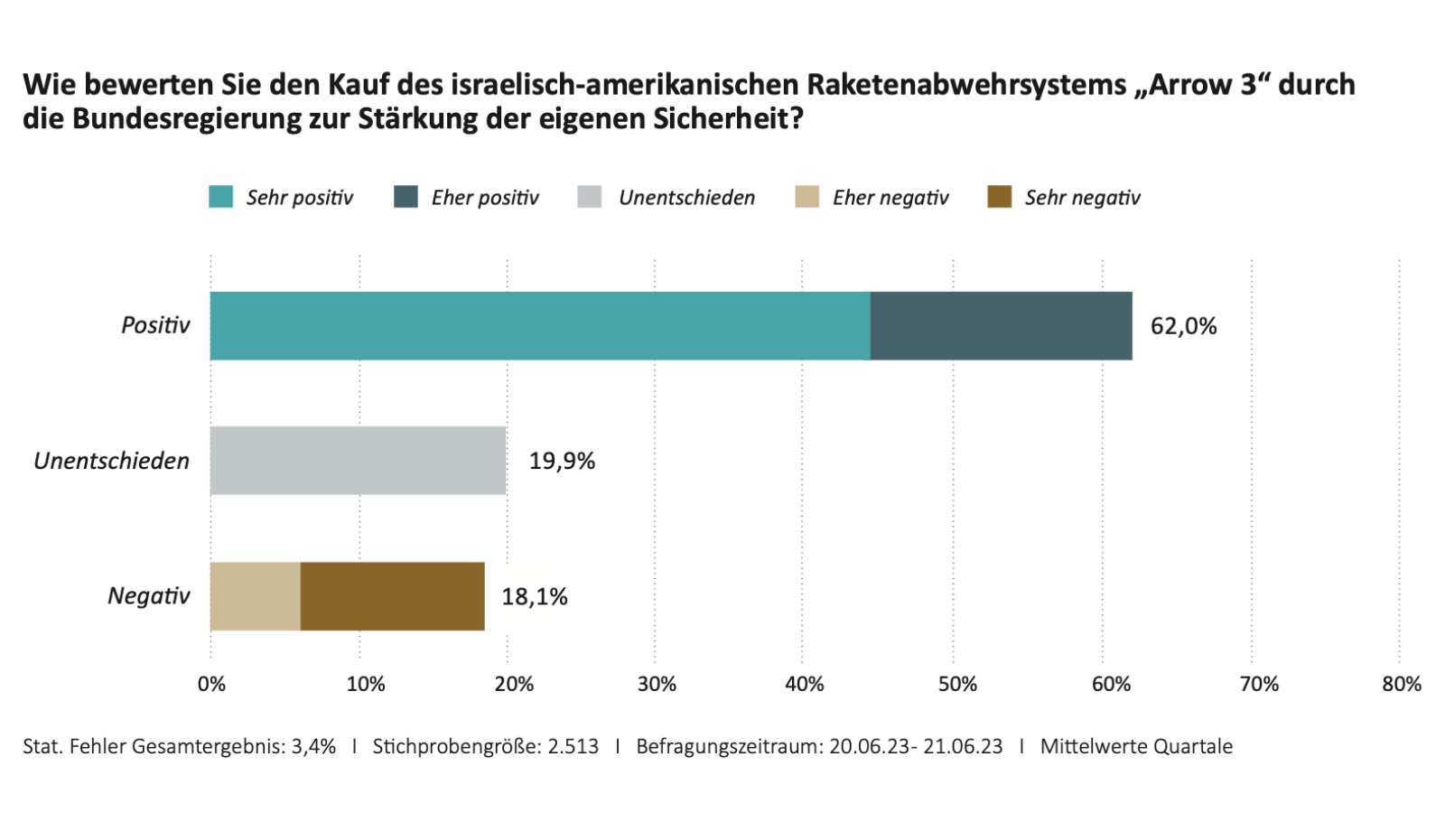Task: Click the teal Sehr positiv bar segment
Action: coord(540,326)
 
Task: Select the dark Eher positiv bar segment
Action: coord(1001,326)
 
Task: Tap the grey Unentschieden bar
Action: coord(358,461)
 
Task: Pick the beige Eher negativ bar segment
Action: coord(256,596)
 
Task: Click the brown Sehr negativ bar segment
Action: coord(392,596)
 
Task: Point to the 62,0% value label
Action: coord(1183,326)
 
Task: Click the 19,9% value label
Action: coord(562,462)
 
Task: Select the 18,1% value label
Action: coord(535,597)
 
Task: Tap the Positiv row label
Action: coord(155,325)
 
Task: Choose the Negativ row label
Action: coord(149,596)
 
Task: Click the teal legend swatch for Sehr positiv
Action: coord(220,197)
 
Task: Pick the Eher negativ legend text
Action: coord(890,198)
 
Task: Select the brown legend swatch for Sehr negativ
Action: coord(1000,197)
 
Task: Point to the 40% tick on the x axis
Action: coord(804,684)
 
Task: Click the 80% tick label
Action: coord(1401,684)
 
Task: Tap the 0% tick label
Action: coord(211,684)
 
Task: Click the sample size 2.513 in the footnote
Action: coord(573,746)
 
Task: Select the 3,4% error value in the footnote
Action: coord(313,746)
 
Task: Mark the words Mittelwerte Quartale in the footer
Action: coord(1136,746)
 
